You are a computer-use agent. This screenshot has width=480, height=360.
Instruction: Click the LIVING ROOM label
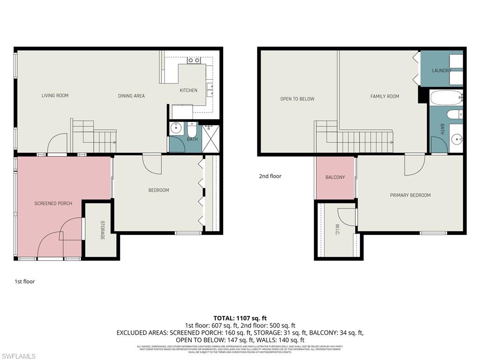point(55,96)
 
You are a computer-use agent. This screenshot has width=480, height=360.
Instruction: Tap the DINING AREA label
point(131,96)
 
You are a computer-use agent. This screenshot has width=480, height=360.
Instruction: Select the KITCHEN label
point(188,90)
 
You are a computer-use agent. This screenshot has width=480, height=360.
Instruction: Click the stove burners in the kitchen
point(194,60)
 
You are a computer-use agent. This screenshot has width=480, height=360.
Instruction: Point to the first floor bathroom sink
point(177,128)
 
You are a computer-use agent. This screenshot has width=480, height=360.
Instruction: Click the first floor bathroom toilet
point(192,128)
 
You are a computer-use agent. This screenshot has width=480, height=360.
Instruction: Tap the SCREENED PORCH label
point(53,203)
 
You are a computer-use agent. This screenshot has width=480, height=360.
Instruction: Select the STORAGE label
point(102,230)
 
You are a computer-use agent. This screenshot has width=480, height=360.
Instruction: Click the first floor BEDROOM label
point(158,190)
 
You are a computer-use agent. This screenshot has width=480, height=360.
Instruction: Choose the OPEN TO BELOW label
point(297,99)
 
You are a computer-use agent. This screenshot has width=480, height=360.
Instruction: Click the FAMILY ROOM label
point(385,97)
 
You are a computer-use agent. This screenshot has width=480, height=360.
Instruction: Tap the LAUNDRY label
point(442,71)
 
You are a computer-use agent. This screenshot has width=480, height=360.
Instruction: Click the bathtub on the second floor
point(446,98)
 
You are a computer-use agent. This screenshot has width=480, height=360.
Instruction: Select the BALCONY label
point(335,177)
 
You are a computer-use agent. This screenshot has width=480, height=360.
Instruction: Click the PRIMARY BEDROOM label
point(410,195)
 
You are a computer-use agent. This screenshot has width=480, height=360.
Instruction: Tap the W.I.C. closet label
point(337,230)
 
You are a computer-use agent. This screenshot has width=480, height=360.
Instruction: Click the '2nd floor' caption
point(270,176)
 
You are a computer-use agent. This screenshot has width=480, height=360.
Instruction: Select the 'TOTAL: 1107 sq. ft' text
point(240,318)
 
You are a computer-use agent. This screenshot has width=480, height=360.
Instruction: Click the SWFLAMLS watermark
point(18,356)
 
